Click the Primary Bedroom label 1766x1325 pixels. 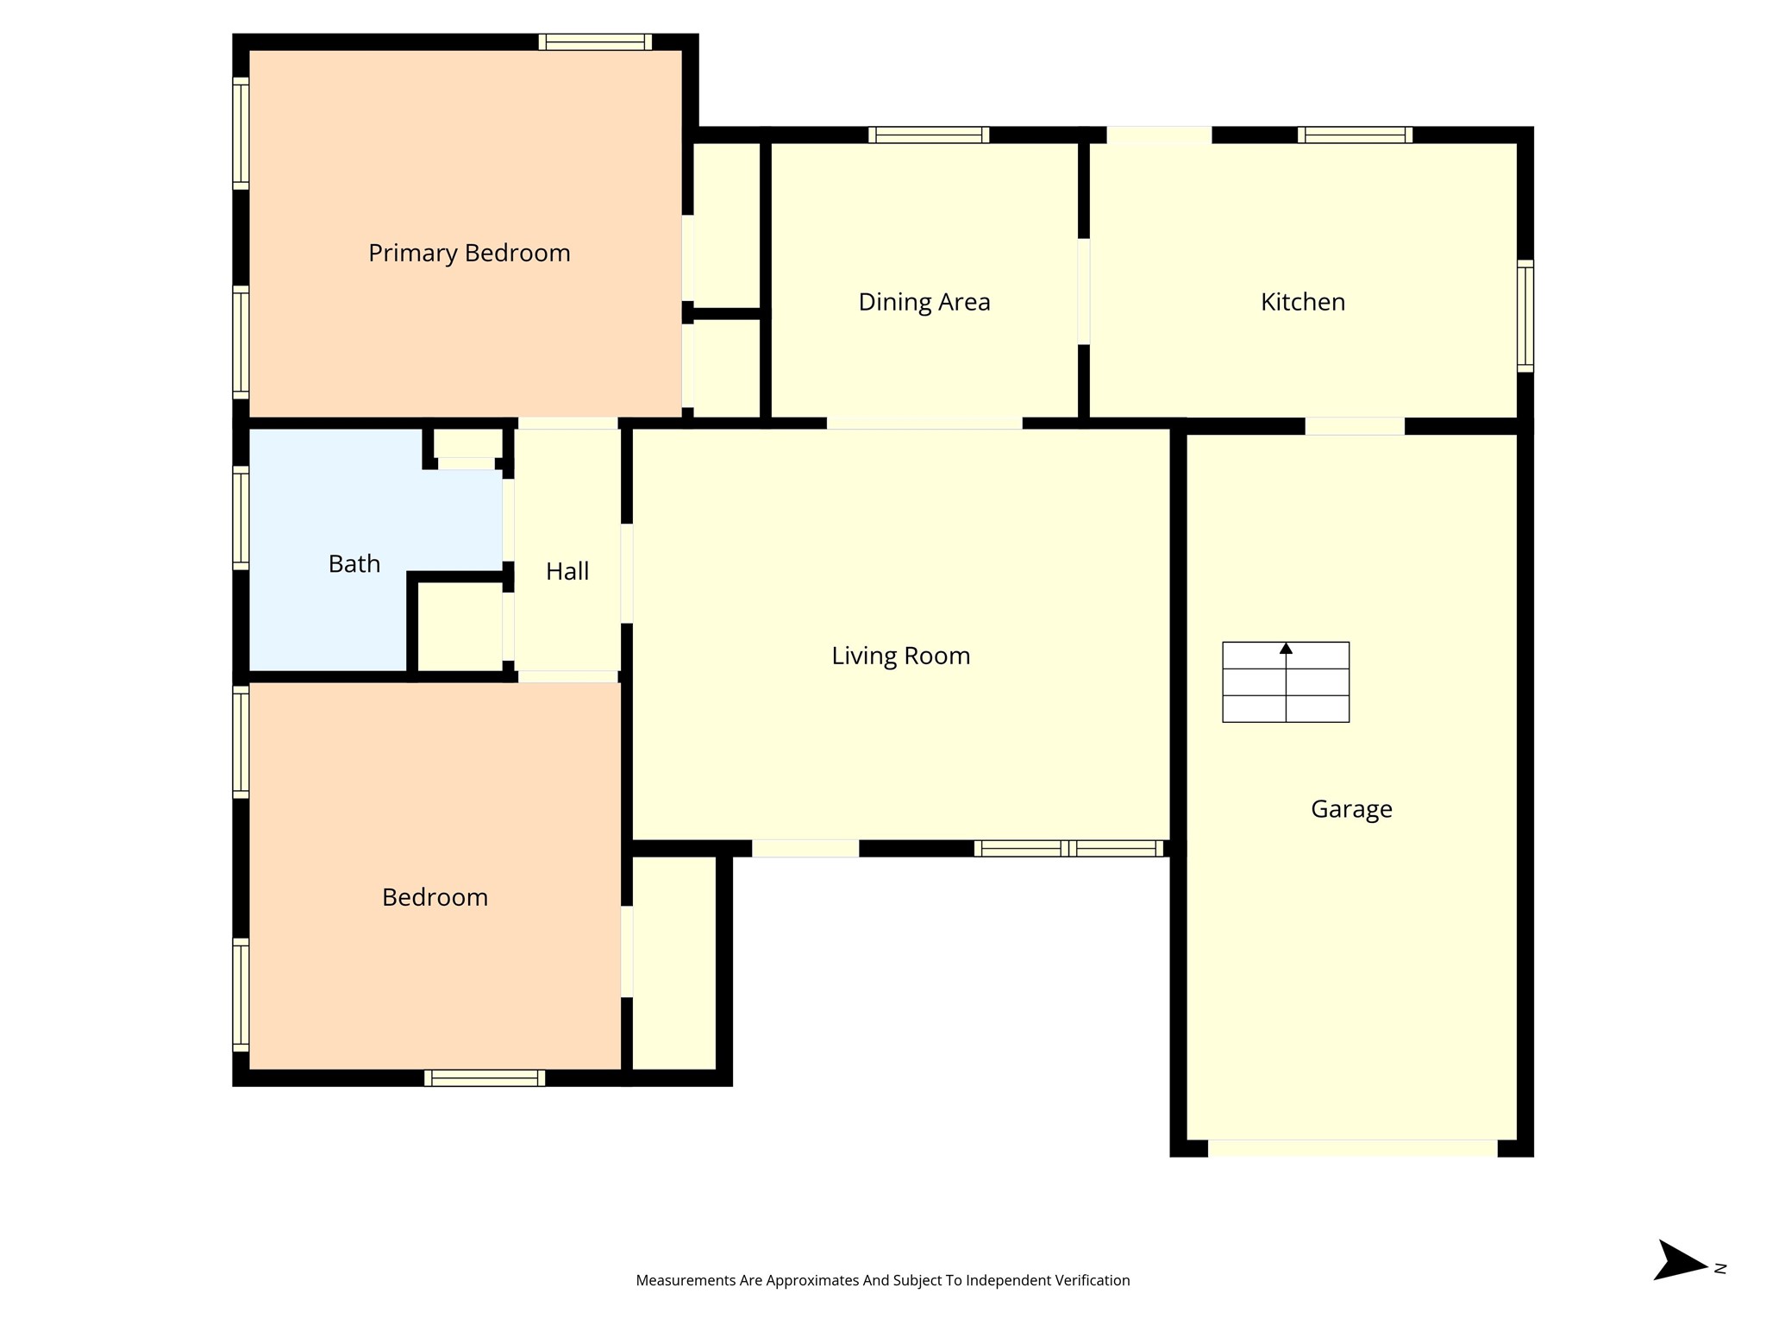click(469, 253)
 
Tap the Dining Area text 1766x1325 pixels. click(924, 302)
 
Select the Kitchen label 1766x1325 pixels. click(1302, 302)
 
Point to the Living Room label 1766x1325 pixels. click(900, 656)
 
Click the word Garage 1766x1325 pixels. click(1351, 809)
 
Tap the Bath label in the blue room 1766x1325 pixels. click(354, 564)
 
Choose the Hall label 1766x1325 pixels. click(567, 571)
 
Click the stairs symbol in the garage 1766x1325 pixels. click(1285, 681)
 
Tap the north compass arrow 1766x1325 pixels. click(1680, 1267)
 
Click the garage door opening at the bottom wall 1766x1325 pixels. click(1351, 1148)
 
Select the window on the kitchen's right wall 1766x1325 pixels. click(1525, 316)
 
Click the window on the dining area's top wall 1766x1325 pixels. click(928, 135)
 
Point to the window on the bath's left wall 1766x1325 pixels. click(241, 518)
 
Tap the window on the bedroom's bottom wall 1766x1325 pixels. click(484, 1077)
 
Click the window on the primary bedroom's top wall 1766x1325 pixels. click(595, 42)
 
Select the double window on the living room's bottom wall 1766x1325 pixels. click(1068, 848)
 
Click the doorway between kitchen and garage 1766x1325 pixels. click(1354, 426)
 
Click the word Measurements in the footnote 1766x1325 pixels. click(685, 1280)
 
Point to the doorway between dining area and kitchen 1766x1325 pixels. click(1084, 292)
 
